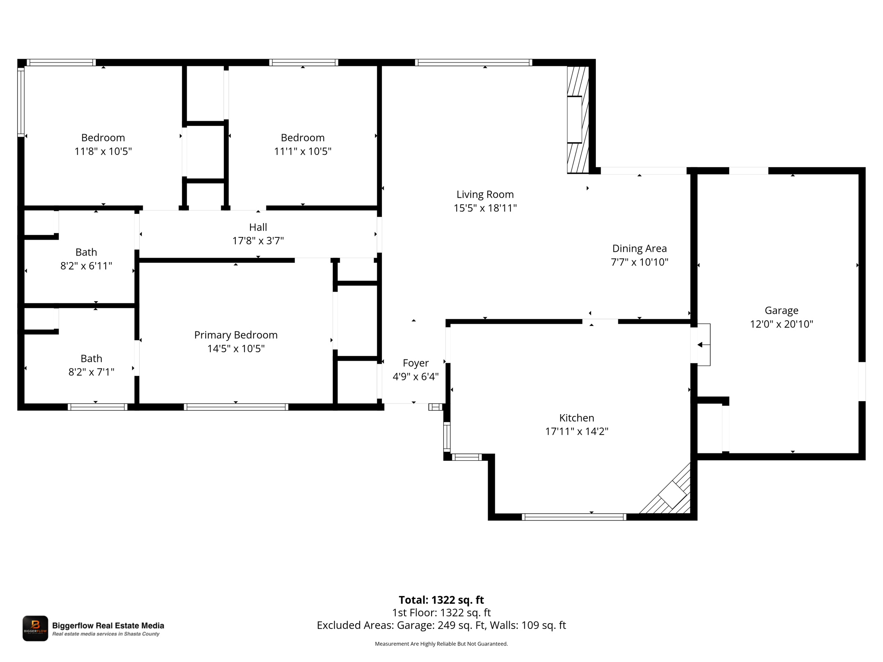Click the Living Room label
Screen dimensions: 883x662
(485, 194)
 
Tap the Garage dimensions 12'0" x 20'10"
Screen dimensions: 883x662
(781, 324)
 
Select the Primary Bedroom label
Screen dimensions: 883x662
(236, 335)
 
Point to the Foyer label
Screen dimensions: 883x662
(416, 363)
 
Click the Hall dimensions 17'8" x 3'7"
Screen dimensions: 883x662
(258, 240)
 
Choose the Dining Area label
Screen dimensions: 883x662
(639, 249)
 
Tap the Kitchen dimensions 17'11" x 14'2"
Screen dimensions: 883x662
(576, 431)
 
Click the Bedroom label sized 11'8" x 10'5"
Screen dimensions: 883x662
(103, 137)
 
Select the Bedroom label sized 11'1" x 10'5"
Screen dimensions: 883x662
(303, 137)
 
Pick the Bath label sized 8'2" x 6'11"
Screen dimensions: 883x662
(86, 252)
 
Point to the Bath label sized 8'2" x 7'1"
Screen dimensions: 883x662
(91, 359)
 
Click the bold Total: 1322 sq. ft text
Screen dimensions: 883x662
(441, 600)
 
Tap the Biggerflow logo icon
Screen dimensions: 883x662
(35, 628)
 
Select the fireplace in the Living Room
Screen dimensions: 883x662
(578, 120)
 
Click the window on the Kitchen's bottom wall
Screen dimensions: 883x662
(574, 517)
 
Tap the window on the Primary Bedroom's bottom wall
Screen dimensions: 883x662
(236, 407)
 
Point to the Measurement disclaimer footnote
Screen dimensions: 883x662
(441, 644)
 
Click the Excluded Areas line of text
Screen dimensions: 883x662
(441, 625)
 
